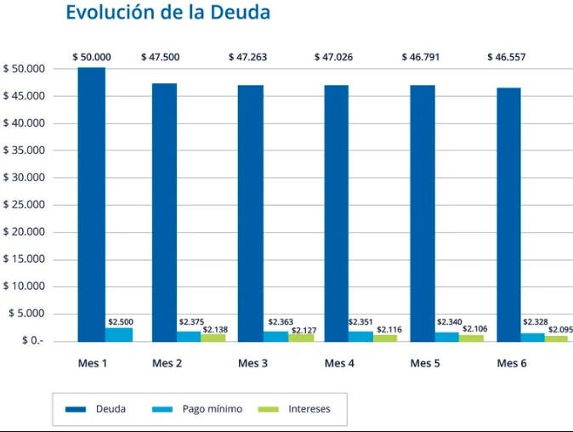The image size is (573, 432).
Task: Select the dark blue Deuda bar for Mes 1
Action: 91,204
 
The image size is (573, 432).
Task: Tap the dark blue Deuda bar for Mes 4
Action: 336,213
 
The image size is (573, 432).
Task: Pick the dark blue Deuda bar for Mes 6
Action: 509,214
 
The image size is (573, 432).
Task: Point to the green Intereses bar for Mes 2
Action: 213,338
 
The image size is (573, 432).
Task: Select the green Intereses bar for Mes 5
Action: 472,338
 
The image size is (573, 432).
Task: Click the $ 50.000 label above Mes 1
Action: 92,57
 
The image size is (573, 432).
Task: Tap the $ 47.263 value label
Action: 248,57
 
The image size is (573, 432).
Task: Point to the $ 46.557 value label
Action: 507,57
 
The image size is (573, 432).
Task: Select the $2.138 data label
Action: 215,329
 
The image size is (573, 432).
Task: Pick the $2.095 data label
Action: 560,330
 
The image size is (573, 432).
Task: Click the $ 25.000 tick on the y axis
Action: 26,205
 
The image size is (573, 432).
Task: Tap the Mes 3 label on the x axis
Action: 252,364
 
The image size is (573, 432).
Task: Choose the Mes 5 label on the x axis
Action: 425,364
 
